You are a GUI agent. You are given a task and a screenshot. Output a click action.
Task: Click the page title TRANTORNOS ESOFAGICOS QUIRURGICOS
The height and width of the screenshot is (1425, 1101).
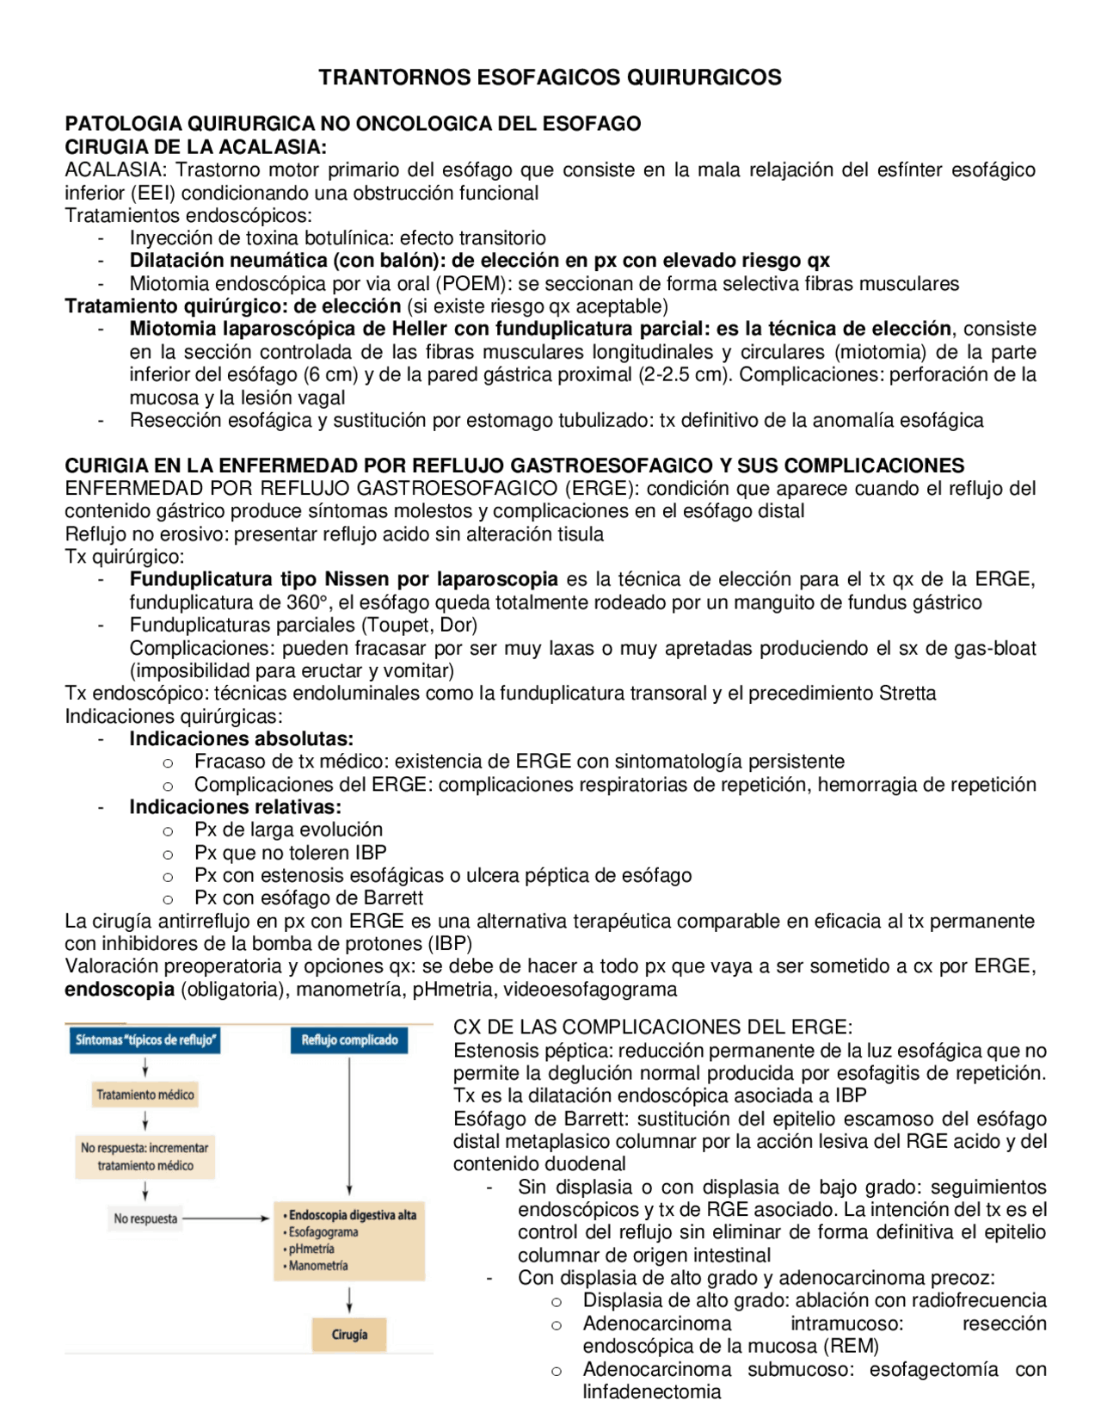click(550, 77)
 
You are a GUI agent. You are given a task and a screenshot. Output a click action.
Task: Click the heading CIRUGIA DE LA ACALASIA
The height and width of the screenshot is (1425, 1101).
click(195, 147)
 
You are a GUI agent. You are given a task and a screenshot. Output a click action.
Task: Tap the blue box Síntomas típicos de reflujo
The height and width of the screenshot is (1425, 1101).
click(145, 1039)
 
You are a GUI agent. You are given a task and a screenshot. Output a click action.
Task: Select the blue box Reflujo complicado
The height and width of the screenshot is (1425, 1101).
click(349, 1039)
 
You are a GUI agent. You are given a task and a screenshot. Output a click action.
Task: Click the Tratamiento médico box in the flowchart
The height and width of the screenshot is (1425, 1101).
click(145, 1095)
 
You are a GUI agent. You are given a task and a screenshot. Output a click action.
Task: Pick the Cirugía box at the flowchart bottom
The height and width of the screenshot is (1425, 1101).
click(349, 1335)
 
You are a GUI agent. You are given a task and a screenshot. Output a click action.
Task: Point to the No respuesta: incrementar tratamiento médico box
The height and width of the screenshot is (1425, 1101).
click(145, 1157)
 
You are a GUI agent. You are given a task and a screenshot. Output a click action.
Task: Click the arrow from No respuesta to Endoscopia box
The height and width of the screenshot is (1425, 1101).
click(226, 1218)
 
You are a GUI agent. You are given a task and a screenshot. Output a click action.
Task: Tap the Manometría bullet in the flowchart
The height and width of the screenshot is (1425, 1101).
click(318, 1266)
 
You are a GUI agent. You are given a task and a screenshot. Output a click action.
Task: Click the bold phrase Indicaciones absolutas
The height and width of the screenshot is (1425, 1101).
click(241, 738)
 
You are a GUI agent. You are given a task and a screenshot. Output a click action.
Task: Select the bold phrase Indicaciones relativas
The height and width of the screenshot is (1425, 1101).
click(235, 807)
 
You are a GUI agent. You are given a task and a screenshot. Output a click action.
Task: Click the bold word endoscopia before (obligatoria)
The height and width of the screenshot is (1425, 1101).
click(120, 990)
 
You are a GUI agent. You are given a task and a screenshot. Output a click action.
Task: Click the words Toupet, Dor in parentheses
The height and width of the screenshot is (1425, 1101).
click(421, 625)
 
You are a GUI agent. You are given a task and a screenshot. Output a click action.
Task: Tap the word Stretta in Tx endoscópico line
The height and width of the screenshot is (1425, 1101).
click(907, 694)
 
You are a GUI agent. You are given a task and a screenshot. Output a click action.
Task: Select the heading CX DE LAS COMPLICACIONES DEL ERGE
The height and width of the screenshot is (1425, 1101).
click(652, 1027)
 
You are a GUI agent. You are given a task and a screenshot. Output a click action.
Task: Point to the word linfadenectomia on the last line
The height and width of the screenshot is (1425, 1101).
click(651, 1391)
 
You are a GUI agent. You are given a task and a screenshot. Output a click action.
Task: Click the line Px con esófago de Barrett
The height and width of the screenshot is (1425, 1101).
click(308, 898)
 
